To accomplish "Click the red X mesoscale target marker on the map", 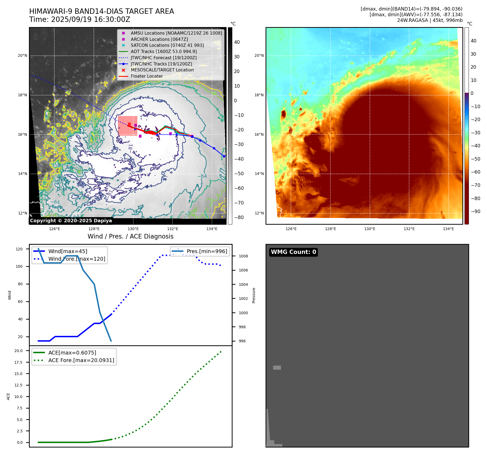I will coord(129,124).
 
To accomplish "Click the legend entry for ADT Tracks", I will coord(164,51).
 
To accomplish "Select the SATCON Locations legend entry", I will coord(167,45).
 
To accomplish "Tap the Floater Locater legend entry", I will coord(147,76).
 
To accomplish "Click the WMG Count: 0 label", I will coord(293,252).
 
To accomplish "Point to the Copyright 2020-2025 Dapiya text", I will coord(71,221).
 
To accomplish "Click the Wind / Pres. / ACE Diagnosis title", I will coord(130,236).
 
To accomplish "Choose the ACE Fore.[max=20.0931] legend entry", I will coord(81,360).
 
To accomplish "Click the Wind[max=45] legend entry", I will coord(68,251).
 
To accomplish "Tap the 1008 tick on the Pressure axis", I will coord(243,256).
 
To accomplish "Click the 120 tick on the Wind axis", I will coord(19,249).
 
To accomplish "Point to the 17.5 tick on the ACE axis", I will coord(18,362).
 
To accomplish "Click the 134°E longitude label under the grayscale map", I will coord(212,229).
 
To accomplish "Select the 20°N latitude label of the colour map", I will coord(259,56).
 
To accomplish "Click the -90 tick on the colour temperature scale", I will coord(475,211).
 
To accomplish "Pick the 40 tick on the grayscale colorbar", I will coord(237,42).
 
